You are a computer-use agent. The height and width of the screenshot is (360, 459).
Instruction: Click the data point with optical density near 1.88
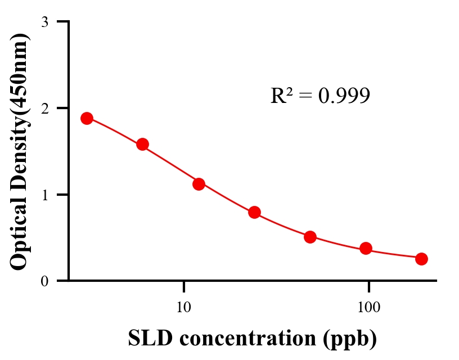[x=87, y=118]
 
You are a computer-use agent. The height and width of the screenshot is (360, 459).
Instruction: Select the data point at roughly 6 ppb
[x=142, y=145]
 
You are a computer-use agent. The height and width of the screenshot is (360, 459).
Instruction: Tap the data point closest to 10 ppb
[x=199, y=184]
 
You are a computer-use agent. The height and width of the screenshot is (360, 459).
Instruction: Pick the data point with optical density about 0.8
[x=254, y=212]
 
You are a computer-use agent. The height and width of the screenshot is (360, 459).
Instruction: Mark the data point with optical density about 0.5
[x=310, y=237]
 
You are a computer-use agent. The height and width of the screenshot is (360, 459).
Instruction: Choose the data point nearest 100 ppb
[x=366, y=248]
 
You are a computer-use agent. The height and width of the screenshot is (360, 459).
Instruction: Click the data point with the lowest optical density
[x=421, y=259]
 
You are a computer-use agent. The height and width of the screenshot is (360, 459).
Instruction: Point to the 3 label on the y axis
[x=44, y=22]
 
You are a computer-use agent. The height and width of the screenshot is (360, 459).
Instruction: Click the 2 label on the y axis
[x=44, y=108]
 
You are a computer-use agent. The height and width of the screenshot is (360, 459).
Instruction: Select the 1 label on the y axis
[x=44, y=195]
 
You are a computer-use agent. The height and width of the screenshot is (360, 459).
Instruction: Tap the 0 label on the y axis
[x=44, y=281]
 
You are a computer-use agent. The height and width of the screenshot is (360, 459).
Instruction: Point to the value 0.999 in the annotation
[x=344, y=96]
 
